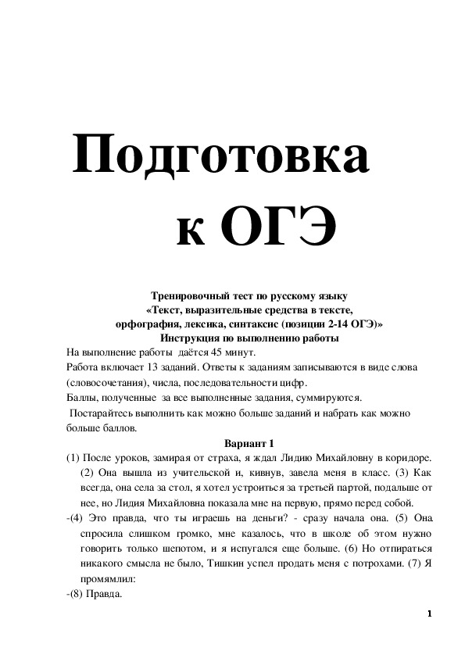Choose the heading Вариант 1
[x=250, y=442]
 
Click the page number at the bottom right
[x=429, y=614]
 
